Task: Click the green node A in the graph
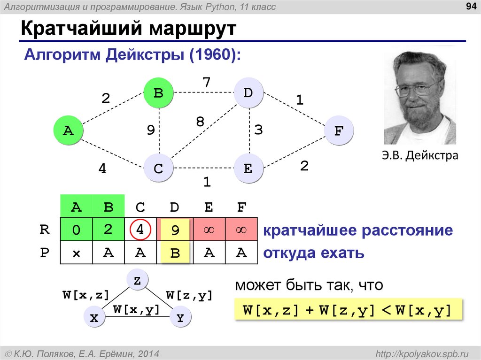[x=69, y=130]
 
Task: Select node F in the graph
[x=338, y=131]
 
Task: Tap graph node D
[x=248, y=93]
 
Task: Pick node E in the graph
[x=248, y=169]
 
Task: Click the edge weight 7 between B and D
[x=206, y=82]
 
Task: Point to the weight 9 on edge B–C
[x=150, y=130]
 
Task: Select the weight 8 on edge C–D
[x=200, y=122]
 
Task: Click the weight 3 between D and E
[x=259, y=130]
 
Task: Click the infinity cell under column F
[x=241, y=230]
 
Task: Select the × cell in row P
[x=76, y=253]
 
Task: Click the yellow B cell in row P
[x=175, y=254]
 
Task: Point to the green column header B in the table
[x=109, y=207]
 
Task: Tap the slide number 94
[x=469, y=7]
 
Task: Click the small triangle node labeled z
[x=137, y=281]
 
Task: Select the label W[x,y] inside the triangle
[x=136, y=309]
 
